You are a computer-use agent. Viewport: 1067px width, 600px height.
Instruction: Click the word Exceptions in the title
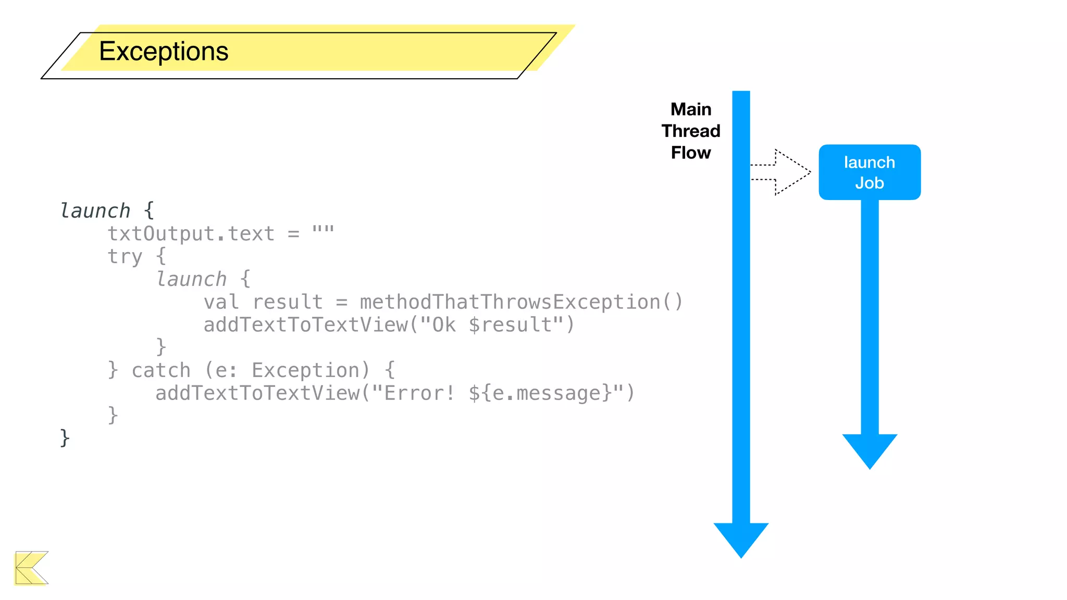click(x=164, y=52)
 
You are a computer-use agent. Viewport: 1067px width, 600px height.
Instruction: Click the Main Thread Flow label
click(x=690, y=131)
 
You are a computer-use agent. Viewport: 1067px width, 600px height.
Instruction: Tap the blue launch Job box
click(x=869, y=172)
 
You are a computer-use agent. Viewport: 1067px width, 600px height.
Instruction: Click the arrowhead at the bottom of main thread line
click(x=740, y=539)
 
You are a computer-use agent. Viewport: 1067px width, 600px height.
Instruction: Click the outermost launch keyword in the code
click(x=95, y=211)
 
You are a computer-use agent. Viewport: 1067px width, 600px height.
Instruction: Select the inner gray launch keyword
click(x=191, y=279)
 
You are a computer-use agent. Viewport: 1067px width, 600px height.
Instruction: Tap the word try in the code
click(x=125, y=256)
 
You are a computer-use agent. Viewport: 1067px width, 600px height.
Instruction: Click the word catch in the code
click(x=161, y=370)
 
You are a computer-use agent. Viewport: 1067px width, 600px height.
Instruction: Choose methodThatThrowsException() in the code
click(x=520, y=302)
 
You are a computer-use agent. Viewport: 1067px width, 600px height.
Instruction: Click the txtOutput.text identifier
click(x=191, y=234)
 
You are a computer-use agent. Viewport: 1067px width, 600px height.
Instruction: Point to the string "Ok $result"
click(x=492, y=325)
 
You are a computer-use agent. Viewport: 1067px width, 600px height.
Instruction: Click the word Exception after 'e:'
click(x=306, y=370)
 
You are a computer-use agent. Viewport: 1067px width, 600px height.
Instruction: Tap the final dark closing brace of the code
click(x=65, y=438)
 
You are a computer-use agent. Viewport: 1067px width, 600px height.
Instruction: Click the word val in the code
click(x=221, y=302)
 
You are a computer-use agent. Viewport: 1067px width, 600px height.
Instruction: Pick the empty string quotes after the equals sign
click(x=323, y=230)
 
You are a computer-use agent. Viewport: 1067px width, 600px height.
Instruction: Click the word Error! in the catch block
click(x=420, y=393)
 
